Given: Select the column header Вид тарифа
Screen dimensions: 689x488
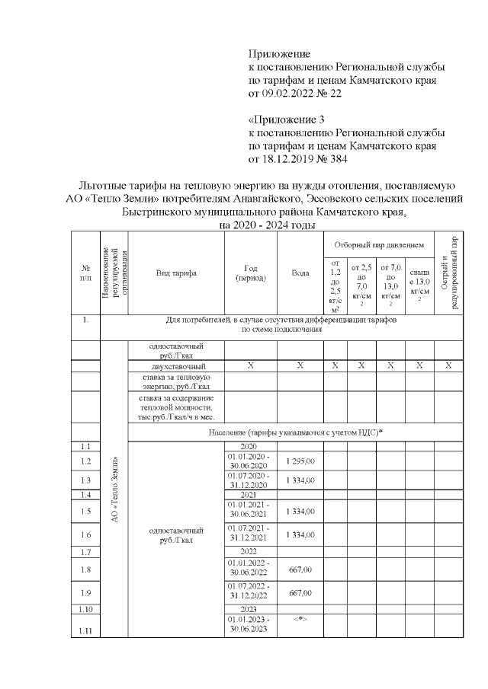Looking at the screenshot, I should click(176, 273).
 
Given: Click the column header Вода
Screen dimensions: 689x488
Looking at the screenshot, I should click(300, 273).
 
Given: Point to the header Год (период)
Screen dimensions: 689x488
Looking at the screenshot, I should click(250, 273).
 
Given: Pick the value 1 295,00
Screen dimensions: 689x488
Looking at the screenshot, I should click(300, 461).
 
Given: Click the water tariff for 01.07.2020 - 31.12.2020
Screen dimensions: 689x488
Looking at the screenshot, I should click(300, 480).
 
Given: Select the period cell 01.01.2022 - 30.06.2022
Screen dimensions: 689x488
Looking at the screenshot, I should click(250, 568).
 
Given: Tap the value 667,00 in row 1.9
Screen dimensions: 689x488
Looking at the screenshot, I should click(300, 593).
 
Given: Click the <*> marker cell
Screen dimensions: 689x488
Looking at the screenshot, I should click(300, 620).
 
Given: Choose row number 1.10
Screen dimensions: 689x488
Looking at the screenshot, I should click(85, 610).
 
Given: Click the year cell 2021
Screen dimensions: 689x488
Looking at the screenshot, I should click(250, 494).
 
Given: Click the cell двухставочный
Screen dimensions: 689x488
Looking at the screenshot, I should click(176, 365).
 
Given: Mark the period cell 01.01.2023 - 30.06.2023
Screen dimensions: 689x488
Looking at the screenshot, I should click(250, 625).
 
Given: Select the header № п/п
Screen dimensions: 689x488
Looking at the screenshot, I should click(85, 273).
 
